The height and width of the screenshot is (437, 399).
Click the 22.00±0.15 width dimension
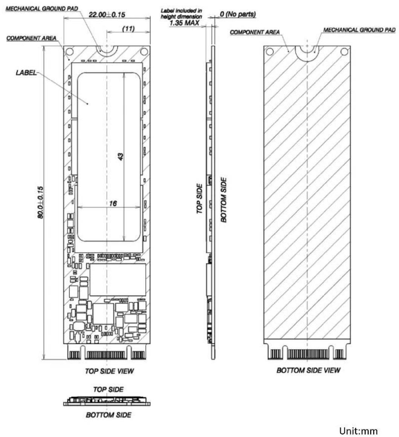click(107, 14)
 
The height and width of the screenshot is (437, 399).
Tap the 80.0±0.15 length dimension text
click(41, 202)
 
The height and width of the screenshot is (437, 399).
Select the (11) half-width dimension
click(128, 28)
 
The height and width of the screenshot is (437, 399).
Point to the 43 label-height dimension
click(121, 157)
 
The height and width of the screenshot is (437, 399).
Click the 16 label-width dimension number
click(113, 203)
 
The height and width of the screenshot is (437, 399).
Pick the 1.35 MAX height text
click(184, 23)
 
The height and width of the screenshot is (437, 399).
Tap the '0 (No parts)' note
click(238, 14)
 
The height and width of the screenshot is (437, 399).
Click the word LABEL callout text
click(26, 73)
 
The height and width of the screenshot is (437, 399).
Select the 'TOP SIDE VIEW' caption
click(109, 371)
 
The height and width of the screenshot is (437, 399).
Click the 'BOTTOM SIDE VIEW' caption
click(308, 370)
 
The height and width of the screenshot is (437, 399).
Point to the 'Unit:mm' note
click(358, 431)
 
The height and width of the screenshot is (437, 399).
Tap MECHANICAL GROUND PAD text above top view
click(42, 9)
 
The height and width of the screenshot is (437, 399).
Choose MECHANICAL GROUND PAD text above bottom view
click(359, 30)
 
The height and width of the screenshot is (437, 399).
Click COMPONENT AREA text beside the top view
click(31, 38)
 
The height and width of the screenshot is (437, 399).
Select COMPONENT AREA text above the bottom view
click(255, 32)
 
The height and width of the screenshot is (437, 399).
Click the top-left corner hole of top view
click(70, 52)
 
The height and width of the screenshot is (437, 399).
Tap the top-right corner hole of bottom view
click(344, 52)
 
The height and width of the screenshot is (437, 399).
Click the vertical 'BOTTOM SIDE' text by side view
click(223, 200)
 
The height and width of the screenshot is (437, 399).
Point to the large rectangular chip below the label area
click(118, 280)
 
